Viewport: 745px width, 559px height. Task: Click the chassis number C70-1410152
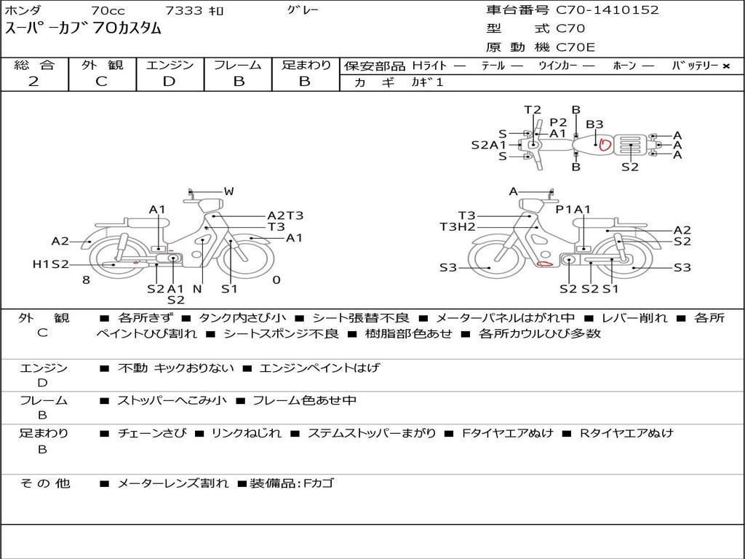click(x=607, y=9)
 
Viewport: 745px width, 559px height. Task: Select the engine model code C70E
click(x=575, y=47)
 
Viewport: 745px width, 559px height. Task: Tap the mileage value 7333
click(x=184, y=10)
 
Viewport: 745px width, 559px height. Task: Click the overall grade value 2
click(x=33, y=82)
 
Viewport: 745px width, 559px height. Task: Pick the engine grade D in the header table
click(x=169, y=82)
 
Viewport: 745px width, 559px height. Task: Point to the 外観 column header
click(x=102, y=65)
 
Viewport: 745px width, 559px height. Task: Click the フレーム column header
click(x=238, y=65)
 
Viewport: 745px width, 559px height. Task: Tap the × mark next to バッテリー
click(x=725, y=66)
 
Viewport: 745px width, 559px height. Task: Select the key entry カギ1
click(x=428, y=82)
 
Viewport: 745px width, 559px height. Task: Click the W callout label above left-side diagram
click(x=229, y=191)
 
